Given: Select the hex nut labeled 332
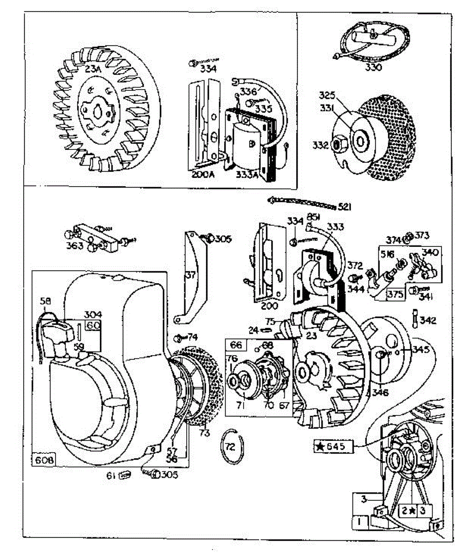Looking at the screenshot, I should point(337,145).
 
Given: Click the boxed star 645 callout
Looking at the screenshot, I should point(334,447).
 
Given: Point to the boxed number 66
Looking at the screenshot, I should point(236,345).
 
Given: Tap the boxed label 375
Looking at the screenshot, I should point(396,294).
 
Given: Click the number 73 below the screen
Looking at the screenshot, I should point(205,433).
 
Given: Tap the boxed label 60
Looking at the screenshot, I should point(93,325).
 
